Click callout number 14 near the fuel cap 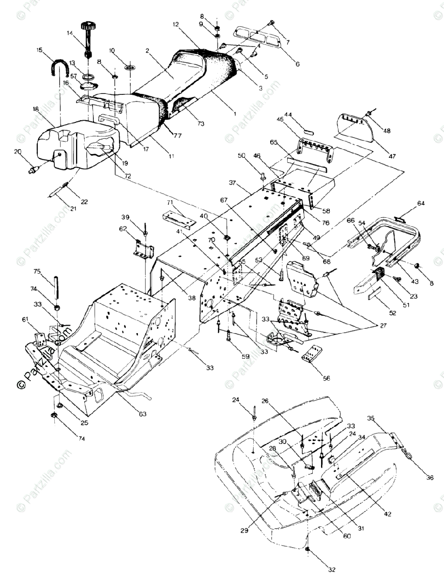pyautogui.click(x=70, y=33)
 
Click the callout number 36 pyautogui.click(x=429, y=478)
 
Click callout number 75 pyautogui.click(x=37, y=271)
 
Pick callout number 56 pyautogui.click(x=327, y=379)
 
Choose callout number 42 pyautogui.click(x=387, y=513)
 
